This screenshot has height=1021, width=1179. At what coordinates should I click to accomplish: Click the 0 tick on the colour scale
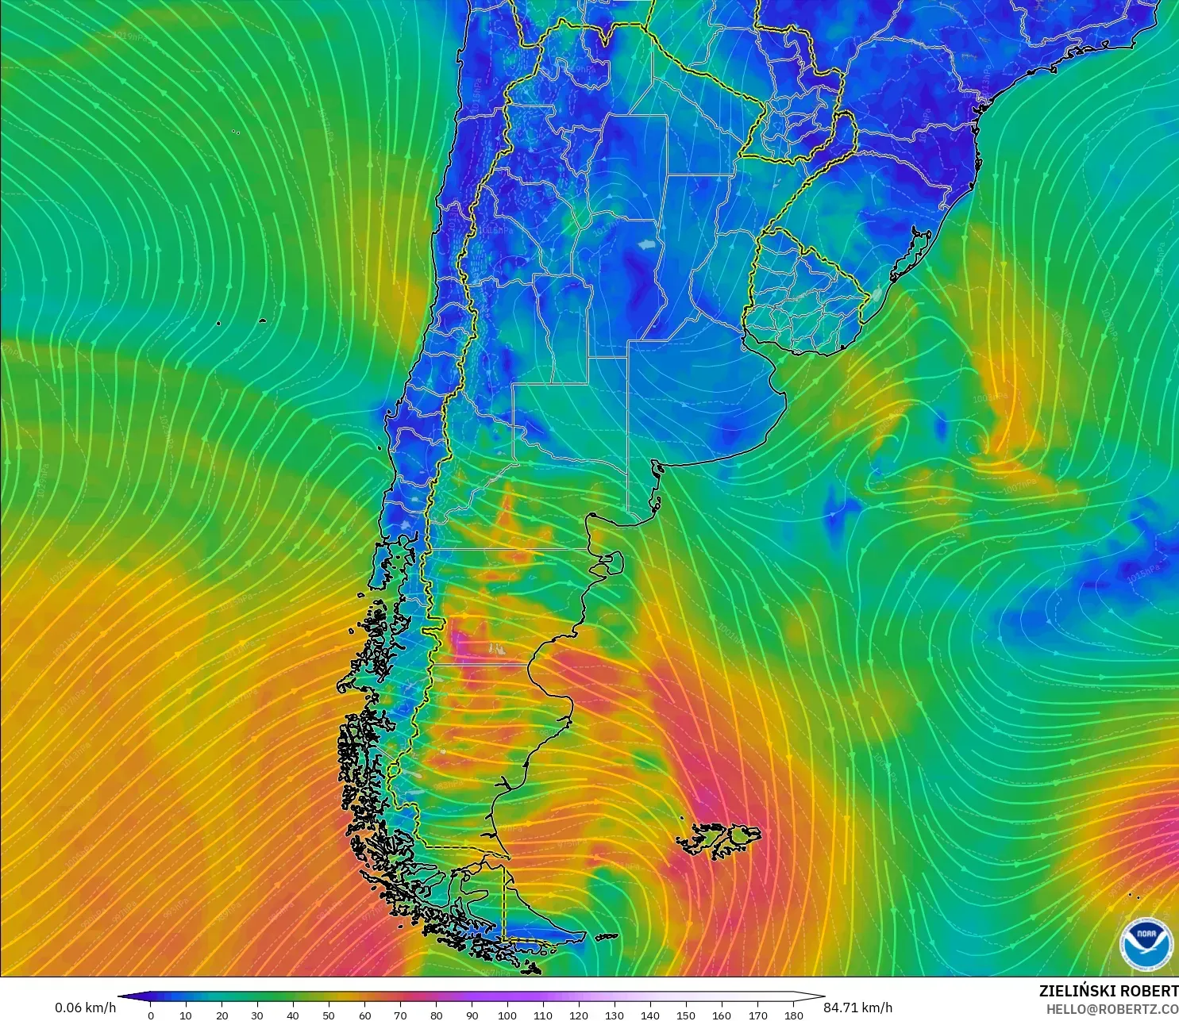tap(150, 1015)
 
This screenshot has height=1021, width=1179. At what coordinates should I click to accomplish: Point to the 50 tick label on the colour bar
tap(329, 1015)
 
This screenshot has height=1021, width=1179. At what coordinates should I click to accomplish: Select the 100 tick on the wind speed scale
tap(507, 1015)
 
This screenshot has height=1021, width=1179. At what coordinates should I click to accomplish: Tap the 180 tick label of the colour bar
tap(793, 1015)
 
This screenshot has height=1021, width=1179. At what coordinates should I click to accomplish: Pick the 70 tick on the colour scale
tap(400, 1015)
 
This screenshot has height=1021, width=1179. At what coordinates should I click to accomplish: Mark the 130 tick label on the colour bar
tap(615, 1015)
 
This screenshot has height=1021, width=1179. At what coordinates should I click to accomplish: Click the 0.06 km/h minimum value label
tap(85, 1008)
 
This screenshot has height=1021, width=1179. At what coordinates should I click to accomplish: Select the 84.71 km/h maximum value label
tap(857, 1008)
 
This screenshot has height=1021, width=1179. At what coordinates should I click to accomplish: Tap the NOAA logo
tap(1146, 942)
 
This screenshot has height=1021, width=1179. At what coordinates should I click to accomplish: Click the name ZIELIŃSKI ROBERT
tap(1108, 991)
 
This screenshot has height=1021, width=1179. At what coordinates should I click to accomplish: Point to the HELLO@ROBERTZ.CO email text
tap(1112, 1009)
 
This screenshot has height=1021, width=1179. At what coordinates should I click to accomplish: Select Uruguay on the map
tap(802, 297)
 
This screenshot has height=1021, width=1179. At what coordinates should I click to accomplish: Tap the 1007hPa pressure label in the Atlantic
tap(1019, 485)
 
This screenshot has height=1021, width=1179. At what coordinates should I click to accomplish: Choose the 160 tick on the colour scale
tap(722, 1015)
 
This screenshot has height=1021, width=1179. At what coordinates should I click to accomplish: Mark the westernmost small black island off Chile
tap(218, 323)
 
